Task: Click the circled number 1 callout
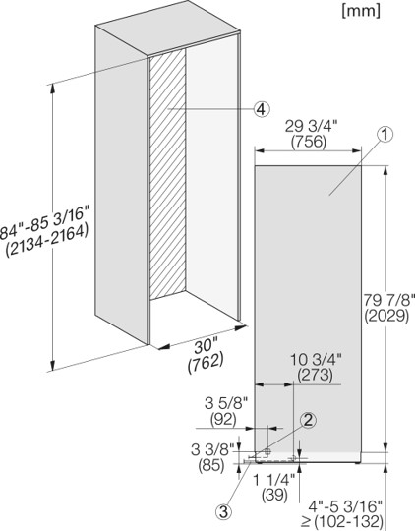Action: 385,134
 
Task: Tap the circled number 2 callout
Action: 308,420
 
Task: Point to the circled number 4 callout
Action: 262,109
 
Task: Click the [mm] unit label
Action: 361,11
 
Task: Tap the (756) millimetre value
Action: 309,142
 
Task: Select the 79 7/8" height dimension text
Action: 389,300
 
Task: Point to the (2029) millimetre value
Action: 386,316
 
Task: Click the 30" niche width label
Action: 206,347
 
